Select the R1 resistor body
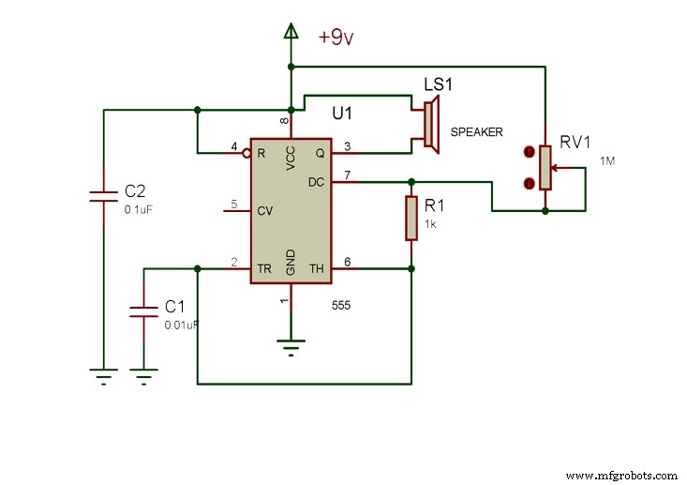[x=411, y=218]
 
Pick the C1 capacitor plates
[x=143, y=311]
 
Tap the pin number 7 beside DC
[x=348, y=174]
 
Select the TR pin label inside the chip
[x=264, y=269]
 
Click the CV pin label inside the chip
[x=264, y=211]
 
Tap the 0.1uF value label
[x=138, y=210]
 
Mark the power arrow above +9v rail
[x=291, y=34]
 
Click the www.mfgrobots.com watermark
[x=621, y=476]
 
